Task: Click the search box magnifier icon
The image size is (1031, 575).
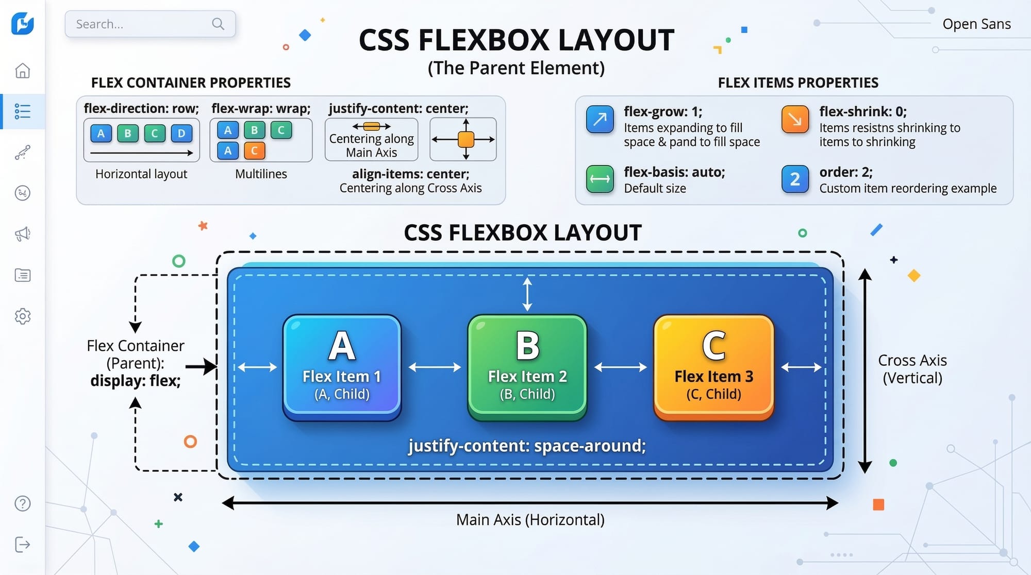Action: click(x=218, y=24)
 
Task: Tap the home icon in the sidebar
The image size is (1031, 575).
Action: click(x=22, y=71)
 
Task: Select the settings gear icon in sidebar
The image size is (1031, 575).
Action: click(x=22, y=316)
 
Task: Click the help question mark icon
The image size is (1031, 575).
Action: click(x=22, y=503)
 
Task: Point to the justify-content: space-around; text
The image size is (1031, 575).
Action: click(x=527, y=446)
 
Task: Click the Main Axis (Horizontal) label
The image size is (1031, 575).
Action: click(x=530, y=520)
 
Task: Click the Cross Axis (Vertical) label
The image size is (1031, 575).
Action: click(x=912, y=369)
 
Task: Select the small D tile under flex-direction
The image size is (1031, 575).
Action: click(x=181, y=133)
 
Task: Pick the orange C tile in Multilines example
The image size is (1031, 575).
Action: click(x=254, y=151)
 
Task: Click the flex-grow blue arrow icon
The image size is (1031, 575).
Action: click(x=600, y=120)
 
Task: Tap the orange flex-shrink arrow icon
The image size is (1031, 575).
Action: click(x=795, y=120)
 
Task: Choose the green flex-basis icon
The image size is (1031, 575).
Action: click(x=600, y=179)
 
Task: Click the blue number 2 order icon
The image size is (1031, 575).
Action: click(x=795, y=179)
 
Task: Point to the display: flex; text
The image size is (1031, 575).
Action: click(x=135, y=381)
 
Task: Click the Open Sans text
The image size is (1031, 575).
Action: click(x=976, y=24)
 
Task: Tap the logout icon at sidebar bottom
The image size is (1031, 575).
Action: click(x=22, y=545)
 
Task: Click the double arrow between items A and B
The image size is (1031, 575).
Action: click(x=435, y=367)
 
